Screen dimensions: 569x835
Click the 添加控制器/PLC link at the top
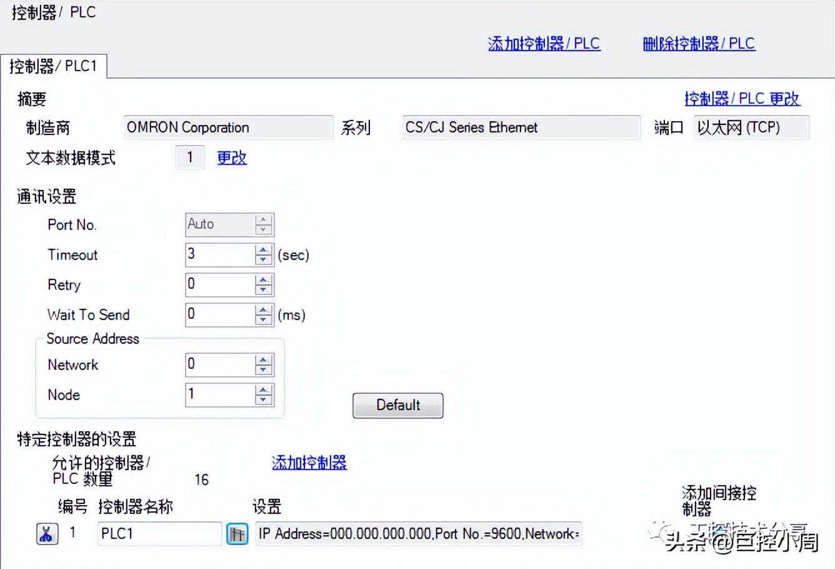544,44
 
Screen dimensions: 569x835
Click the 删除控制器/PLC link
699,44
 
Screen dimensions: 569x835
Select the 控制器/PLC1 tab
53,66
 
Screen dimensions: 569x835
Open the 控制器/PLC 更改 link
742,99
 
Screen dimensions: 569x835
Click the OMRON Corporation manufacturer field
228,128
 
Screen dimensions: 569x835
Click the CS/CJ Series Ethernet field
521,128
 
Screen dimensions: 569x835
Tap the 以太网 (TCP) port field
751,128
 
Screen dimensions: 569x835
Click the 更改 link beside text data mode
232,158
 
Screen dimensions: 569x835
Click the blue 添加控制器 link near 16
309,463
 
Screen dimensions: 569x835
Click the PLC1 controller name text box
159,534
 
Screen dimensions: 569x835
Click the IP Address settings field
418,534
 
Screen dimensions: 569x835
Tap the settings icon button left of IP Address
237,534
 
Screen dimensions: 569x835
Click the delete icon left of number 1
47,534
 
